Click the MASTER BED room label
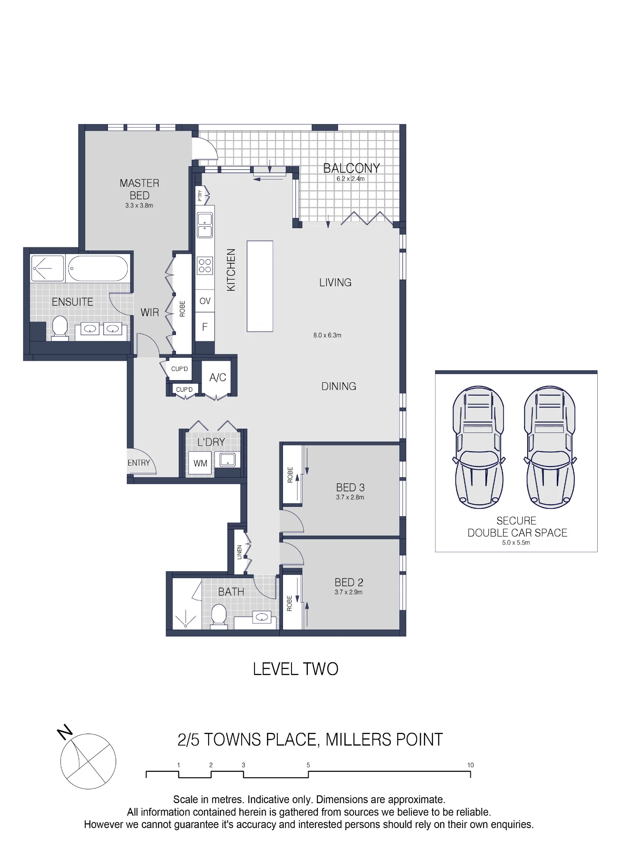(139, 189)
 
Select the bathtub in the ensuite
(98, 268)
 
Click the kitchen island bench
(260, 286)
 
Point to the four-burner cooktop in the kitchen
(205, 265)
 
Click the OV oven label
(205, 301)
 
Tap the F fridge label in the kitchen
(205, 327)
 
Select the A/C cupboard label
(218, 378)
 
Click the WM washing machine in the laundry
(200, 463)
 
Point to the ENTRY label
(138, 463)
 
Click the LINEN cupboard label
(239, 552)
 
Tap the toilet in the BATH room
(219, 617)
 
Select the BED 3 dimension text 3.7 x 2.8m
(350, 497)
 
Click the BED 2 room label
(349, 582)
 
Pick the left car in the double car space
(479, 447)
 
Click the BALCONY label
(351, 168)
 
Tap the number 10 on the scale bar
(470, 765)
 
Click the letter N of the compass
(65, 732)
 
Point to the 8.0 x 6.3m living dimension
(327, 335)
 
